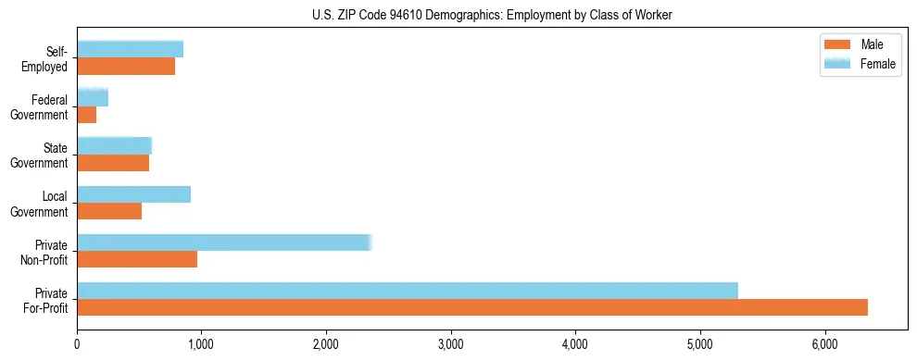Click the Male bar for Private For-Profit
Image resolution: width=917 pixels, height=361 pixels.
pos(472,307)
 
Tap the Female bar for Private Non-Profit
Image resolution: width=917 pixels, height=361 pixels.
pos(223,243)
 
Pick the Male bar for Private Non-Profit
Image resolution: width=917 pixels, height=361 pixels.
pos(137,259)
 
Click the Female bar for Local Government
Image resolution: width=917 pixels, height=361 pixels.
pos(134,194)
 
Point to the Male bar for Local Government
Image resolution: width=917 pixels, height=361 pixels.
pos(109,211)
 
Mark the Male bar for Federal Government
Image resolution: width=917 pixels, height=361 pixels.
pos(87,115)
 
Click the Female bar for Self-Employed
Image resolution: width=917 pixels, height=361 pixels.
pos(131,49)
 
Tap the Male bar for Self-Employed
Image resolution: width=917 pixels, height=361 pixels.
pos(126,67)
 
